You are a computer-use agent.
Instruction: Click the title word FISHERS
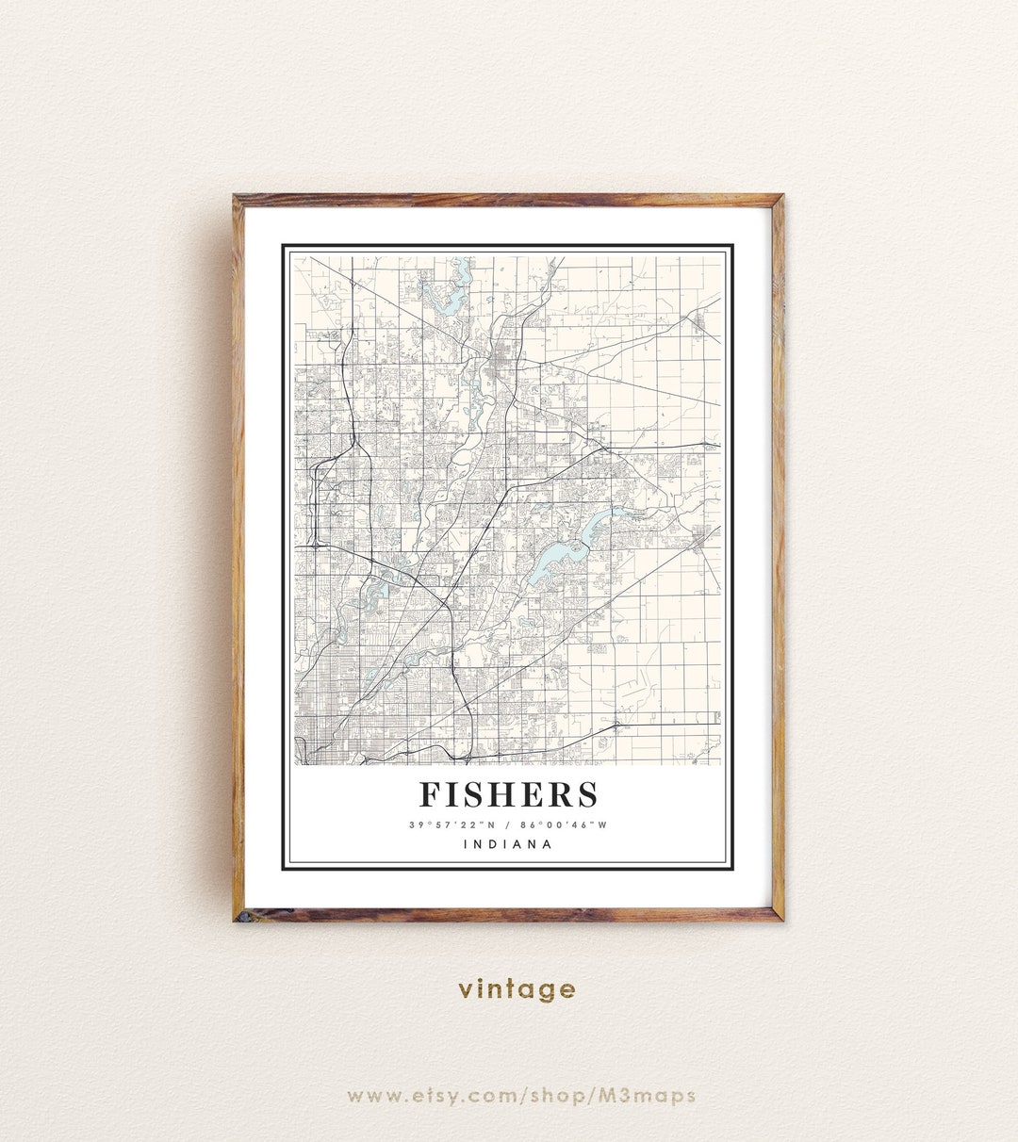508,794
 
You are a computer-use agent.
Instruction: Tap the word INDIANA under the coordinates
508,844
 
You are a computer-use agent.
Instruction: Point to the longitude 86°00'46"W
566,825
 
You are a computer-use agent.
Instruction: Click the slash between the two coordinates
508,825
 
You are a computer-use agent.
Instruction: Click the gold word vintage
517,989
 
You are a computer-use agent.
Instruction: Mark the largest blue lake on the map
547,563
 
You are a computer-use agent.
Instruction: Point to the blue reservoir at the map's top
451,290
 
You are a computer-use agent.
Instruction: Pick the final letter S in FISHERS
587,794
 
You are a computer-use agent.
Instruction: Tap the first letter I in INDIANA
466,844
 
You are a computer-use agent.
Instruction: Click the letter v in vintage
466,990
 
